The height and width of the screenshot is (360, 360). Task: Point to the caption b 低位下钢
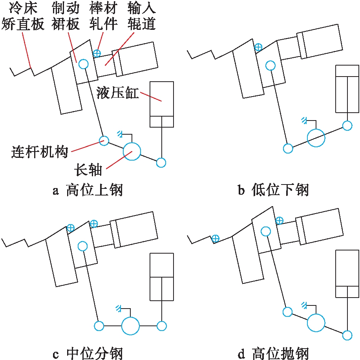273,191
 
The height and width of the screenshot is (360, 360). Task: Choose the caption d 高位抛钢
273,353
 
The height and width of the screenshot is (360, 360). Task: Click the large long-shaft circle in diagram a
132,152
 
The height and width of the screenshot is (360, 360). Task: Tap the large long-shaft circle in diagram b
316,138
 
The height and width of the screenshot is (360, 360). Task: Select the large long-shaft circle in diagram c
130,325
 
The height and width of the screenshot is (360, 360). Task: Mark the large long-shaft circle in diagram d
316,323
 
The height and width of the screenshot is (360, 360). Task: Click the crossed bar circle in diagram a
97,53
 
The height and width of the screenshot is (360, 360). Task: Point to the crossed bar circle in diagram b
258,48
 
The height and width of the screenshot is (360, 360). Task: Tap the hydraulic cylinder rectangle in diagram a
162,104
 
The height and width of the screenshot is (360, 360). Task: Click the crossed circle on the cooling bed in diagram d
215,238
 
